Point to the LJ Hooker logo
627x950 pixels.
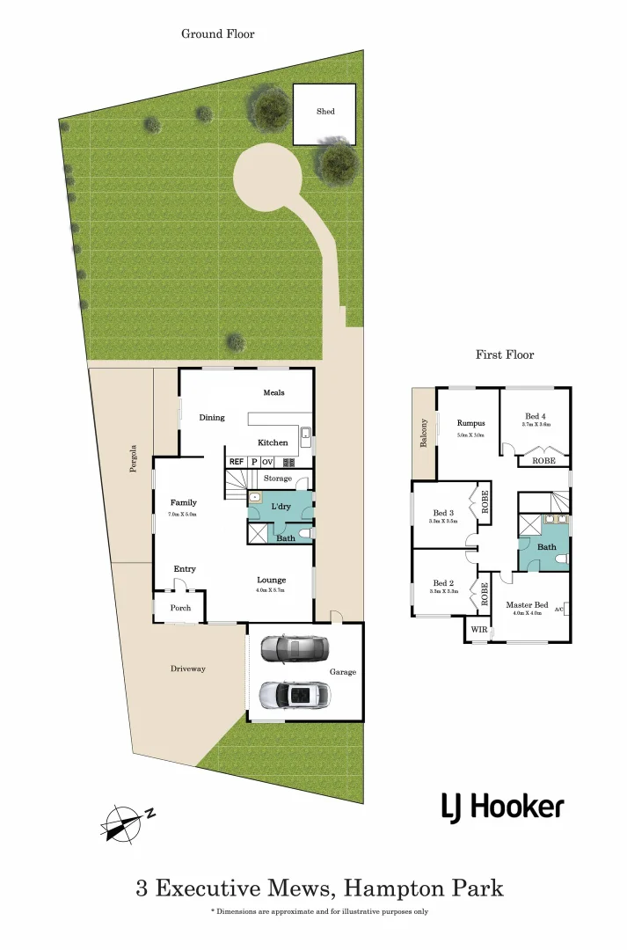click(502, 806)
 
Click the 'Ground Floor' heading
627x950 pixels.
click(217, 33)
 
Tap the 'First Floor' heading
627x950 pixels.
click(505, 354)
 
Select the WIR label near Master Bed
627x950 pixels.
click(478, 630)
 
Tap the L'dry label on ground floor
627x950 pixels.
click(281, 508)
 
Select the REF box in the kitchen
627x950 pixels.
click(236, 461)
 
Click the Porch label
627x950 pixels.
click(180, 608)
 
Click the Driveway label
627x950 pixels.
click(188, 669)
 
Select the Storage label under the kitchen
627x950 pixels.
click(278, 479)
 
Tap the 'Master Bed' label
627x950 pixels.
click(527, 605)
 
